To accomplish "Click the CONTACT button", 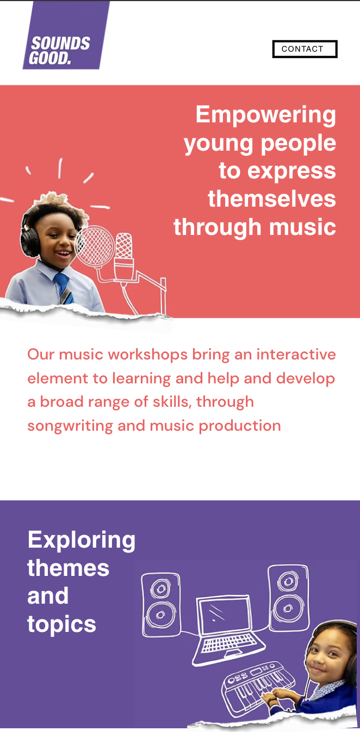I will click(305, 49).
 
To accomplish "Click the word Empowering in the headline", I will click(265, 115).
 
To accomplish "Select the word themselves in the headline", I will click(271, 198).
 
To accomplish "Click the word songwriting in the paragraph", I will click(70, 425).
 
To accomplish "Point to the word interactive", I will click(296, 355).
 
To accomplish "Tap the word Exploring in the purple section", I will click(81, 539).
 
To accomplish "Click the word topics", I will click(61, 624).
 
